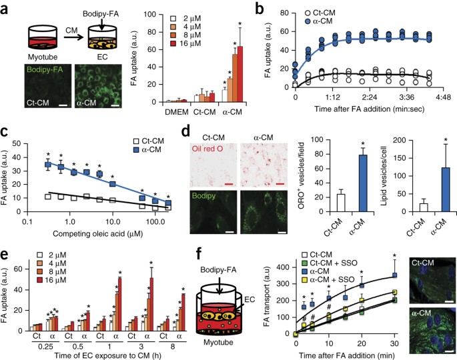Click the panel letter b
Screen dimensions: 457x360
tap(260, 9)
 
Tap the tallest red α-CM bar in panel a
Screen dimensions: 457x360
tap(240, 74)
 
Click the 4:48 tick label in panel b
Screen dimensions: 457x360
tap(443, 97)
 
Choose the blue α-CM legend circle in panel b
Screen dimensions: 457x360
tap(308, 21)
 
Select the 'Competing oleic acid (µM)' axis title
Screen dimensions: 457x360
tap(97, 233)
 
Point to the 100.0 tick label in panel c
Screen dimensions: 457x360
tap(155, 222)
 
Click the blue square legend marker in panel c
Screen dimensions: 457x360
tap(136, 150)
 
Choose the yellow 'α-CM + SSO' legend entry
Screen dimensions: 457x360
tap(328, 279)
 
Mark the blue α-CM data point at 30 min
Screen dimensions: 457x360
tap(395, 275)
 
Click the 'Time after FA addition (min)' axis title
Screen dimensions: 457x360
tap(346, 355)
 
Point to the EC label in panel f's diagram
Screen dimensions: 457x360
tap(250, 299)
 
